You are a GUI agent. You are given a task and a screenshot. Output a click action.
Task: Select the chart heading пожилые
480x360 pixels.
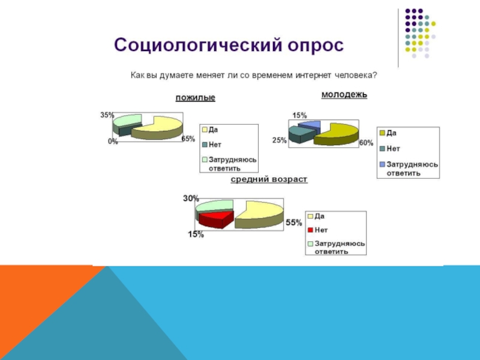point(195,98)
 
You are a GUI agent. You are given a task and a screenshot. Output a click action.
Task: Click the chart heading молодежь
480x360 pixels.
point(344,94)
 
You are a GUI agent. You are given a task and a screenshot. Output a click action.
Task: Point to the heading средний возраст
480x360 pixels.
point(269,179)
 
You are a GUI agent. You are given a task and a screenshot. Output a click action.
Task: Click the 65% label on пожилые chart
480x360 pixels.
point(188,139)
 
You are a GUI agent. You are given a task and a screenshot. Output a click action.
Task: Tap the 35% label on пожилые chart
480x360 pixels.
point(107,114)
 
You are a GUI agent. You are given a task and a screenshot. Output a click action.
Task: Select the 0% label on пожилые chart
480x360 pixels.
point(112,142)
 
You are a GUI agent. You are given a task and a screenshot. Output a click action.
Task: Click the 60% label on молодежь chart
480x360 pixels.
point(366,143)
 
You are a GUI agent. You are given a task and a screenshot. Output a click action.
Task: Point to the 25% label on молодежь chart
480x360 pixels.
point(280,140)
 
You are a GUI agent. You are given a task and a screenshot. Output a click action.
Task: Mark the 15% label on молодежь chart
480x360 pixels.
point(299,115)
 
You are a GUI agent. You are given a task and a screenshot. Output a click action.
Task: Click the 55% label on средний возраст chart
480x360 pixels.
point(293,223)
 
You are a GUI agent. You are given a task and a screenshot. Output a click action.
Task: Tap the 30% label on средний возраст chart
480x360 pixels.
point(191,199)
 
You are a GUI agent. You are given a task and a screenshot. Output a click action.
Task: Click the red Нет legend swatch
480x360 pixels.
point(310,229)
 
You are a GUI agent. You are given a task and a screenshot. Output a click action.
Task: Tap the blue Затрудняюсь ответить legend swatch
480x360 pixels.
point(382,164)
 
